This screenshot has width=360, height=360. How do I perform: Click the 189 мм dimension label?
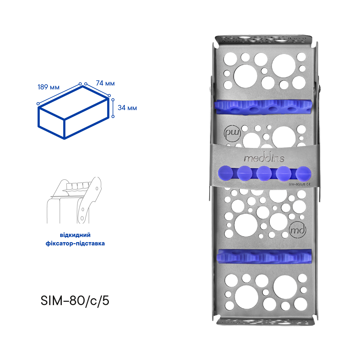(x=48, y=87)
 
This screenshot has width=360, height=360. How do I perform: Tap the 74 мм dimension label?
(x=105, y=83)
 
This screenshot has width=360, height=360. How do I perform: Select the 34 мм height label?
(x=127, y=108)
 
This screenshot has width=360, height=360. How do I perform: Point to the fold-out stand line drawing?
(x=74, y=200)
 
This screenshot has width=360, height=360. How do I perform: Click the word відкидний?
(x=75, y=235)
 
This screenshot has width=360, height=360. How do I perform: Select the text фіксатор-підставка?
(x=75, y=243)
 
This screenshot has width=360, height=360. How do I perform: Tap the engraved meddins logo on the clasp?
(x=264, y=158)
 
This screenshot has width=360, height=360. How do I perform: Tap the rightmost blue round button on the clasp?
(x=303, y=174)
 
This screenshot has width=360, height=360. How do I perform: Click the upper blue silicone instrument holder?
(x=264, y=107)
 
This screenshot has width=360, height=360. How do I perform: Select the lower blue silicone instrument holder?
(x=265, y=256)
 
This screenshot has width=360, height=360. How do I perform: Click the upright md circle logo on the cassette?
(x=298, y=230)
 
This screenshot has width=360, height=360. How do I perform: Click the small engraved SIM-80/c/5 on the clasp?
(x=297, y=184)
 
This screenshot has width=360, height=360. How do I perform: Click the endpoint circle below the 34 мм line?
(x=113, y=116)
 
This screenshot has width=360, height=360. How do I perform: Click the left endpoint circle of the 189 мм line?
(x=38, y=104)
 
